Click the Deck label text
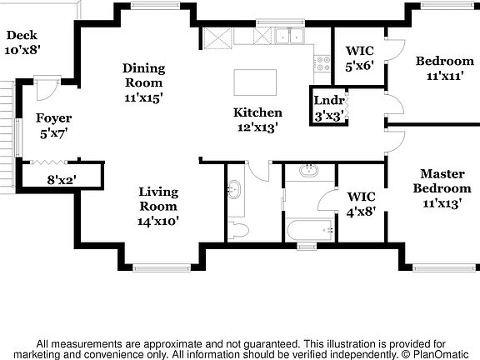[22, 42]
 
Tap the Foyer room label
[52, 125]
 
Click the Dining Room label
[143, 82]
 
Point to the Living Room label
[158, 206]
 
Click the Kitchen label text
[257, 120]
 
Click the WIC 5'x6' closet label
[360, 57]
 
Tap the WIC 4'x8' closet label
[361, 203]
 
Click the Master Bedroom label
[442, 187]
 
